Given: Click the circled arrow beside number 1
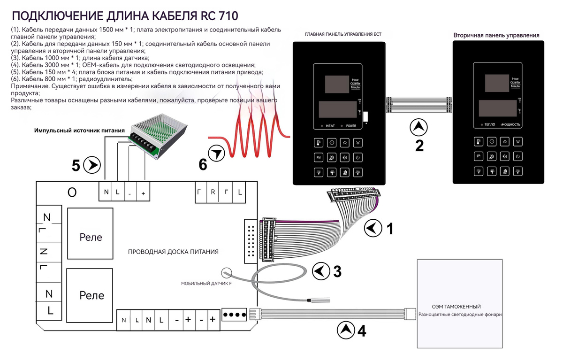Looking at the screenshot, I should pos(372,228).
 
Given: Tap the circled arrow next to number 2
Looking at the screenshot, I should pos(419,127).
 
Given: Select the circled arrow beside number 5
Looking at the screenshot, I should pos(91,165).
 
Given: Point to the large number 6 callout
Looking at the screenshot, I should pos(203,164).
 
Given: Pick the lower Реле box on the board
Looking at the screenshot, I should pos(91,295).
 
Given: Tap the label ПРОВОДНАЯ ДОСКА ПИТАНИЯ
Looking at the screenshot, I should pos(173,252).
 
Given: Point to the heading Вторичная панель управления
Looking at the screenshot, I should pos(496,35).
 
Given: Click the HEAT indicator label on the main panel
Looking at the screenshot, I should pos(330,126).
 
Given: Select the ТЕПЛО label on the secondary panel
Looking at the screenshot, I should pos(490,124).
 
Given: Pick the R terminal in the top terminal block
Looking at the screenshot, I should pos(213,192).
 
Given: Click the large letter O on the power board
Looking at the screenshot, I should pos(72,192).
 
